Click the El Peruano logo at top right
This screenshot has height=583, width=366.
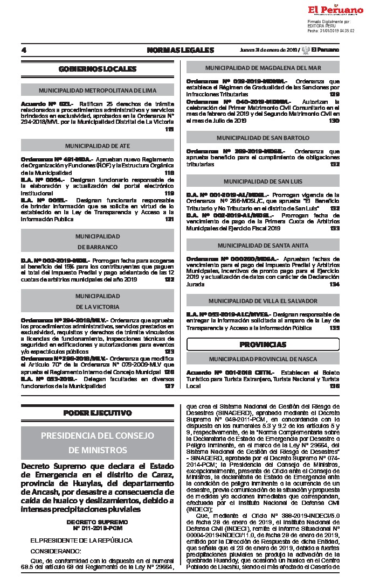335,10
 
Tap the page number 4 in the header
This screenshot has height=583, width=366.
24,50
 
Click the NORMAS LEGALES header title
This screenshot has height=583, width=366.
172,50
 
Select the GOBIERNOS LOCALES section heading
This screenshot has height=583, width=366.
98,69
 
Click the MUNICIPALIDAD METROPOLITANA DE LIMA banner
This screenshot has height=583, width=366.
98,90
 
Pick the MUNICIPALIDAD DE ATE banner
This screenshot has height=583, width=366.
98,146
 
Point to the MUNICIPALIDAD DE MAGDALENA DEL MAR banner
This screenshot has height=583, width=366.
263,68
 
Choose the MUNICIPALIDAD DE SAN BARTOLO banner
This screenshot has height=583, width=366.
263,138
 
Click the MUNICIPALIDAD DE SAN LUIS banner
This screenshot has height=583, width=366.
263,181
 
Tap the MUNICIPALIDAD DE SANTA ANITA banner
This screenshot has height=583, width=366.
263,245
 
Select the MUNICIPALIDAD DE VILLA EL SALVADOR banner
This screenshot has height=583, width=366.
263,301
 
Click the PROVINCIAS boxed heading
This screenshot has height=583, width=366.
263,344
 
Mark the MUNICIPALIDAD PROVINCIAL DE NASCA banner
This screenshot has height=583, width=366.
263,359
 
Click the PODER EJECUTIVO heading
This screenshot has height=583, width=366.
98,413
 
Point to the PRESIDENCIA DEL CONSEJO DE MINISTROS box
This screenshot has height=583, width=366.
98,442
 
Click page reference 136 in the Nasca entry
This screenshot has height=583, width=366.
335,386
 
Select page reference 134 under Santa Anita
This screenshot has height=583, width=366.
335,284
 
